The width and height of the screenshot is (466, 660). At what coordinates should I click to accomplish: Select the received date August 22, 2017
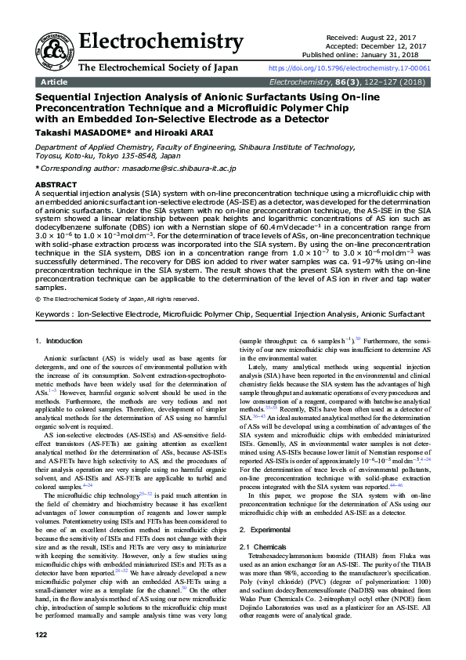399,37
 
